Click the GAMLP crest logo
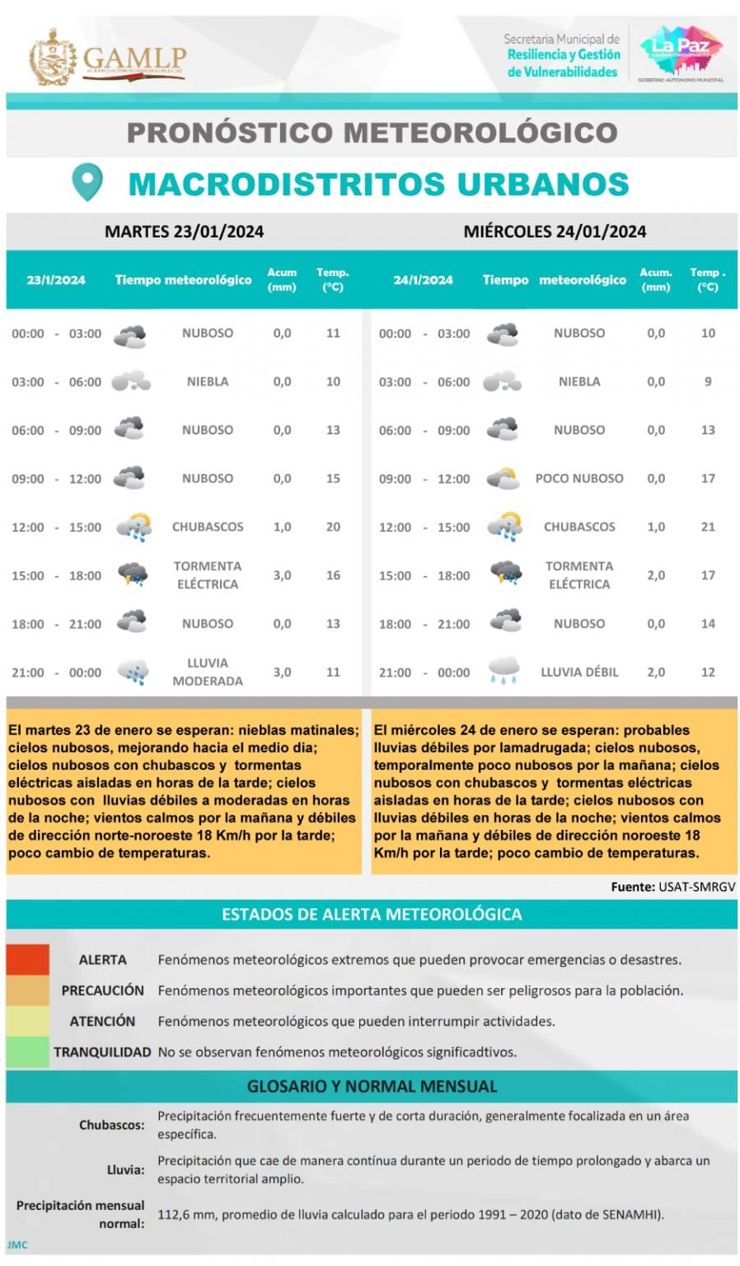(53, 57)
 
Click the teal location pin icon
(87, 182)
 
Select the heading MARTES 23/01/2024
(184, 232)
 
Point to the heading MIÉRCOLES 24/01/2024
(555, 232)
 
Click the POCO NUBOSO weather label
(579, 478)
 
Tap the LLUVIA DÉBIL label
(579, 673)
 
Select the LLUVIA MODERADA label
(208, 672)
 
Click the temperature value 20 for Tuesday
(333, 527)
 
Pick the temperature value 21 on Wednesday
(708, 527)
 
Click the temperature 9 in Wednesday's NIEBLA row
(708, 382)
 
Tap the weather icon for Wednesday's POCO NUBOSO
(503, 478)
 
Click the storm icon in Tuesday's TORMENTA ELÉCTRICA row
(132, 574)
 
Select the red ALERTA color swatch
(28, 959)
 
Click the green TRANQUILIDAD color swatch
(28, 1052)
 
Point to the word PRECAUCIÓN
(102, 990)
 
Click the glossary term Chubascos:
(112, 1125)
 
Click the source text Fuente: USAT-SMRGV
(672, 887)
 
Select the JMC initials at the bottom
(17, 1245)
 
